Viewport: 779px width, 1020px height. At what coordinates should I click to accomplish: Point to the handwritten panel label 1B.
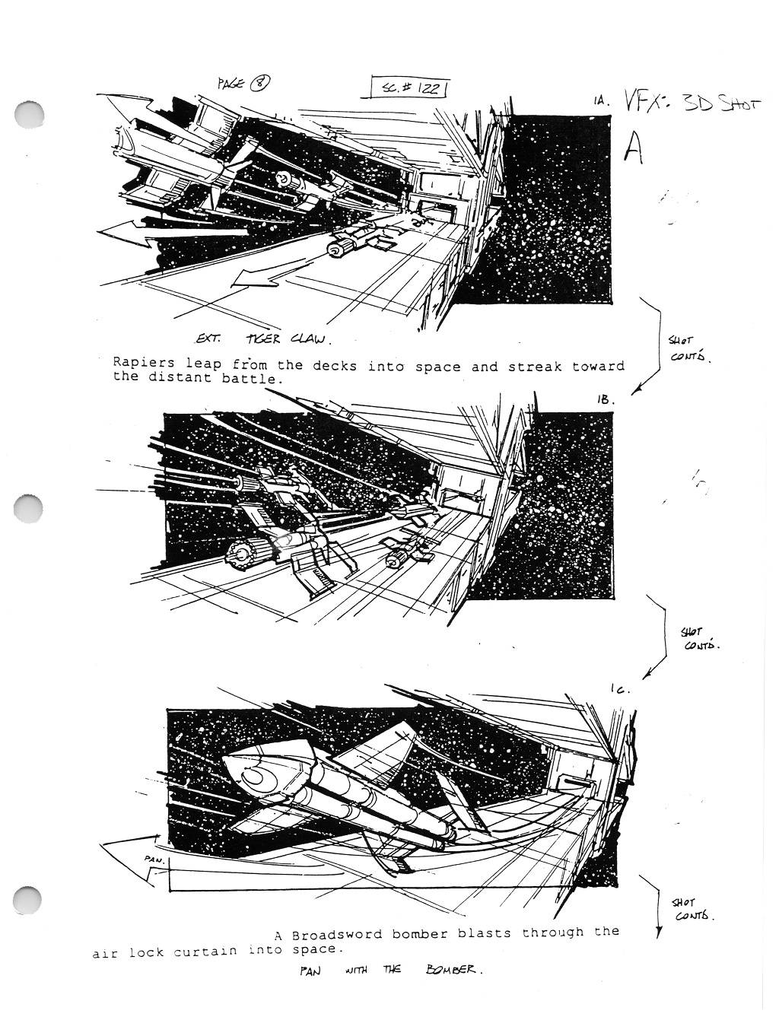[606, 399]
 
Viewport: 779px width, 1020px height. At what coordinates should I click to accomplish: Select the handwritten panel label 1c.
[621, 690]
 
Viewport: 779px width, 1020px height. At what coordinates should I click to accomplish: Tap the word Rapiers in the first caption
[144, 363]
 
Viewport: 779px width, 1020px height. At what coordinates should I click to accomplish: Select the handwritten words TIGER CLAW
[288, 339]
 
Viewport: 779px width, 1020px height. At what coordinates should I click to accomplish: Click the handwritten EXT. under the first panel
[208, 338]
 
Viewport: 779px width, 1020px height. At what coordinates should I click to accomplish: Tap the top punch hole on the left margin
[29, 113]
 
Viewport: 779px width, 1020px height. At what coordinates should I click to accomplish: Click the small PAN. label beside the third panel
[154, 860]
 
